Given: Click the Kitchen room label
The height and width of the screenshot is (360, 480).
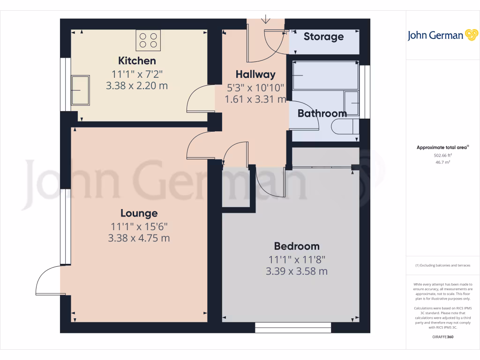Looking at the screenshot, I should tap(137, 60).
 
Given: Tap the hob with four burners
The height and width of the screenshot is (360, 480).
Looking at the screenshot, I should tap(149, 40).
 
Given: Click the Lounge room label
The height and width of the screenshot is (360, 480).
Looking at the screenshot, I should tap(139, 213).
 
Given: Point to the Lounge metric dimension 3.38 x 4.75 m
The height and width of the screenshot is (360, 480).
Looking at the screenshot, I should tap(139, 238).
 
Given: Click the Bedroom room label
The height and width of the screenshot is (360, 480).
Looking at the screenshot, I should tap(297, 246).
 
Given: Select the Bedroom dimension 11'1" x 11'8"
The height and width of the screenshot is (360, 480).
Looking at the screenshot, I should tap(297, 259).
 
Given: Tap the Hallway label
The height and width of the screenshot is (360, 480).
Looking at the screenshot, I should tap(255, 74).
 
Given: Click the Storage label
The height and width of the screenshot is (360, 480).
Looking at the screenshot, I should tap(323, 37).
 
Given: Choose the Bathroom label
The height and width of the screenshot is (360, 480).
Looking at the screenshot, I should tap(322, 113).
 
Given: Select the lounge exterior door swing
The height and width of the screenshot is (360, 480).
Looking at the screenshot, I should tap(48, 280).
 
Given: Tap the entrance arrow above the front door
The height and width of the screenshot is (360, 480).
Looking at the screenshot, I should tap(266, 19).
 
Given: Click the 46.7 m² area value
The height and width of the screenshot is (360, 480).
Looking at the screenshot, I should tap(442, 162).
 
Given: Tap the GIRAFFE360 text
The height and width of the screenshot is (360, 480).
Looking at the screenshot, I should tap(442, 337).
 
